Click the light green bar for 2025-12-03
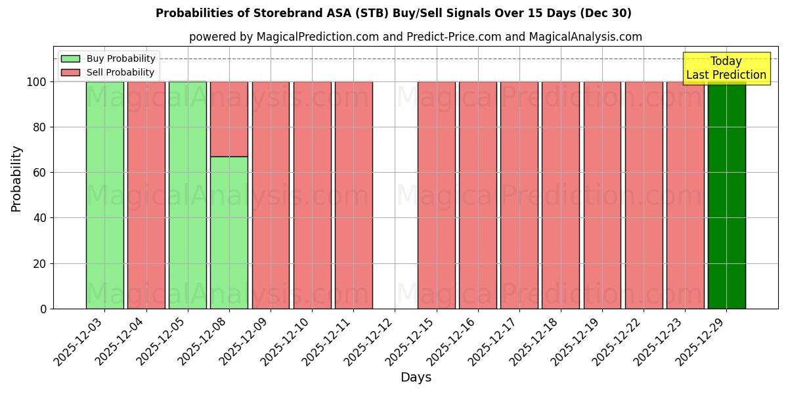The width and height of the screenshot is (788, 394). [x=104, y=195]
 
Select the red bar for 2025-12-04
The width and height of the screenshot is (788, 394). [x=146, y=195]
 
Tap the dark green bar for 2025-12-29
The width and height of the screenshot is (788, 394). [x=726, y=195]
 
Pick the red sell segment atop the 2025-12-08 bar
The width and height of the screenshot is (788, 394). [x=229, y=119]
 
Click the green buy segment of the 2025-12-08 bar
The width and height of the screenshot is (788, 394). [x=229, y=232]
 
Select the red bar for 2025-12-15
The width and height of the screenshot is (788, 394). [x=436, y=195]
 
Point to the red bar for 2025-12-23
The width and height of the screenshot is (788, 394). [x=685, y=195]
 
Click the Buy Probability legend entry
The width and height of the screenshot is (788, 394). [x=108, y=58]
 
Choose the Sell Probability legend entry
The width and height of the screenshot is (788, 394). [x=108, y=72]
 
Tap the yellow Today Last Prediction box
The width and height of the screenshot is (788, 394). [x=726, y=68]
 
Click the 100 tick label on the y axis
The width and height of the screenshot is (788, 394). [x=36, y=82]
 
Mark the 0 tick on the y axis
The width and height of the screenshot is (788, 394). [x=43, y=309]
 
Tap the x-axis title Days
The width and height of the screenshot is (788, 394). [x=416, y=378]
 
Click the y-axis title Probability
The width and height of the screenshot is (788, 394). [x=16, y=179]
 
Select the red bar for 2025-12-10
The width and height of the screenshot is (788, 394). [x=312, y=195]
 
